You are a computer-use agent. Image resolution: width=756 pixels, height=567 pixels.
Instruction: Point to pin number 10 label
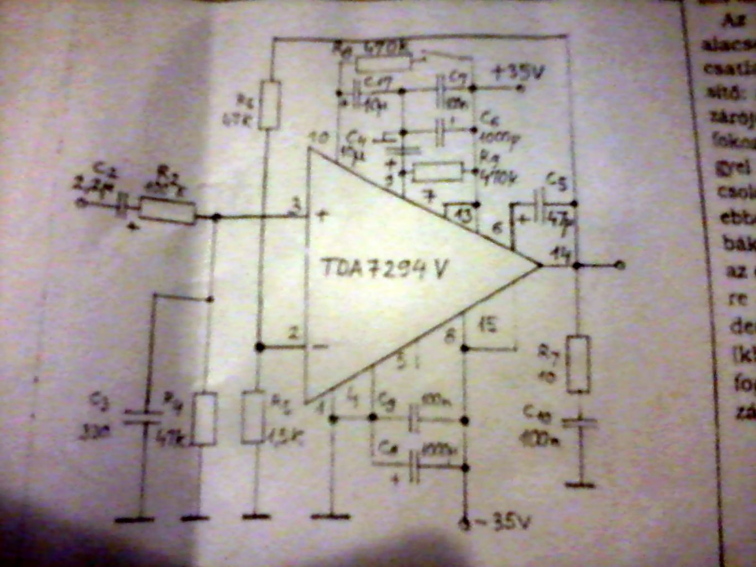[321, 137]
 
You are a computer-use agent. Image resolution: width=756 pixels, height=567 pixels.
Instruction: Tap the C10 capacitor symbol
[580, 424]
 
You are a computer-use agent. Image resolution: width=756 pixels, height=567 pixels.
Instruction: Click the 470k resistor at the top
[384, 63]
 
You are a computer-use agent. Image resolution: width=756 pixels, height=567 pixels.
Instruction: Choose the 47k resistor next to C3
[205, 418]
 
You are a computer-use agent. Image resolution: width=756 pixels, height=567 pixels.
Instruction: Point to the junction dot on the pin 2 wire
[259, 347]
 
